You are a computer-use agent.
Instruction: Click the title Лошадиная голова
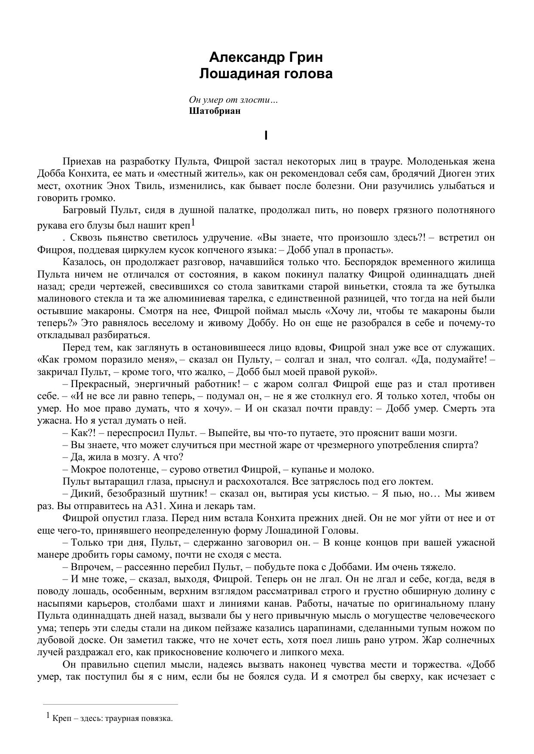click(266, 73)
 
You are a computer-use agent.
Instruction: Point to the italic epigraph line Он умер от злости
click(233, 100)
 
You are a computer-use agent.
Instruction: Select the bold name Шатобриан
click(215, 111)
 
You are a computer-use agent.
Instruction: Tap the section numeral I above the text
click(266, 136)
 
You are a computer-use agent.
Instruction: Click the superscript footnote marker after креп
click(193, 223)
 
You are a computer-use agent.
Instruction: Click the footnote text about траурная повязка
click(112, 718)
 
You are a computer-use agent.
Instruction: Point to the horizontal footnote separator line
click(110, 704)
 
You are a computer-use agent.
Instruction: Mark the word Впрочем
click(90, 567)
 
